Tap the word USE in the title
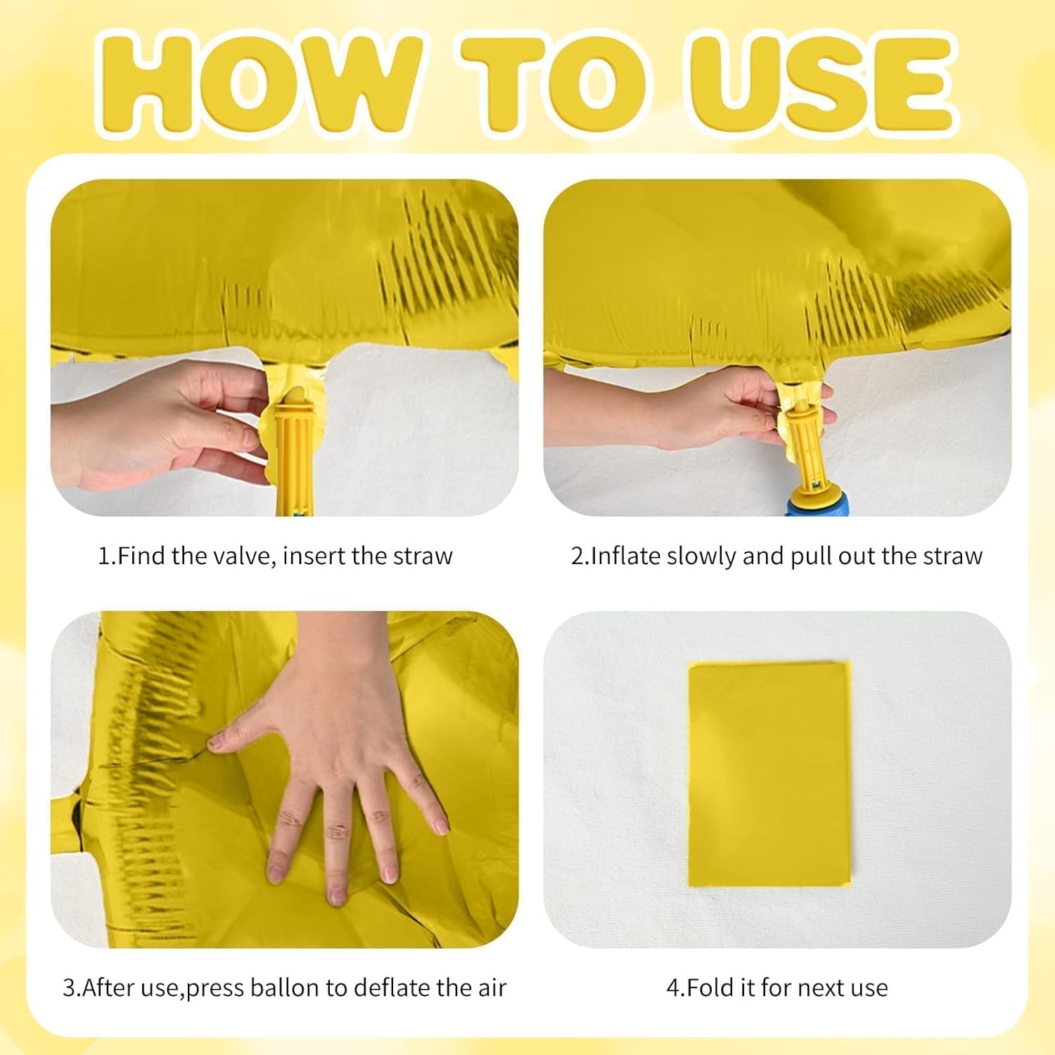(820, 84)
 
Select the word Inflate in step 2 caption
(626, 556)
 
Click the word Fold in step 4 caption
(710, 987)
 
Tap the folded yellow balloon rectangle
(769, 774)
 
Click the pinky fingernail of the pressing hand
(442, 826)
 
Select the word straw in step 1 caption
(423, 556)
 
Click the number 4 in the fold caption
(673, 987)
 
